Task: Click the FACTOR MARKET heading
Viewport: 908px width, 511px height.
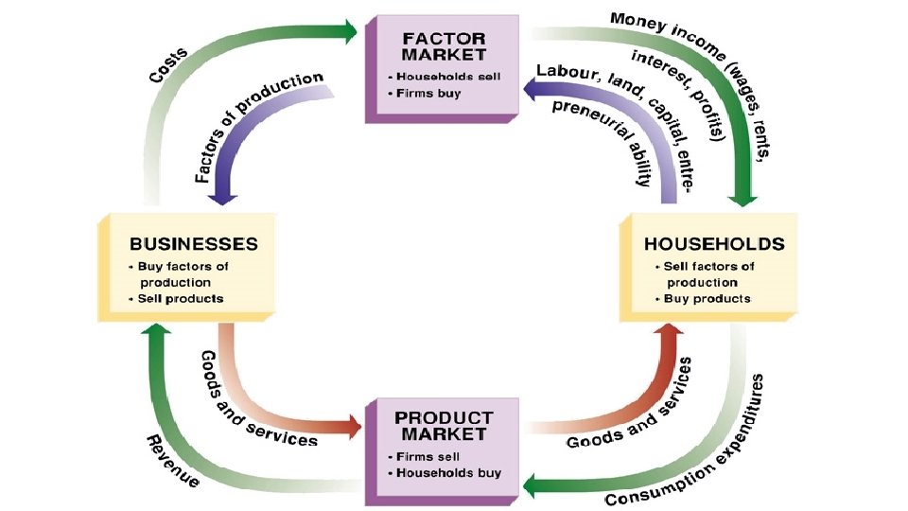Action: point(444,46)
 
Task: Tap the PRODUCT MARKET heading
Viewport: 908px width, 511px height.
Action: point(444,425)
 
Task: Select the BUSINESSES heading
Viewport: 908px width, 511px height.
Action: point(194,243)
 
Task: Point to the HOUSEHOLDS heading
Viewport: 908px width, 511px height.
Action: point(714,243)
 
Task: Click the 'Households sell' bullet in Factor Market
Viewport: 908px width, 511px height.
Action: point(444,76)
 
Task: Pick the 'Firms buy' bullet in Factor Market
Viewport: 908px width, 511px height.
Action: point(427,93)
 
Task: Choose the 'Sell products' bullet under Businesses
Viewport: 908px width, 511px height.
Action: point(180,298)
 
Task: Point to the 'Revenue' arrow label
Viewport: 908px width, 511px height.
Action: point(171,461)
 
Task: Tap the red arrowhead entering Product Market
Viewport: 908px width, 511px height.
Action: point(352,426)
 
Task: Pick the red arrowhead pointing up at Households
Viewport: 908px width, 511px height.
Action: point(671,334)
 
